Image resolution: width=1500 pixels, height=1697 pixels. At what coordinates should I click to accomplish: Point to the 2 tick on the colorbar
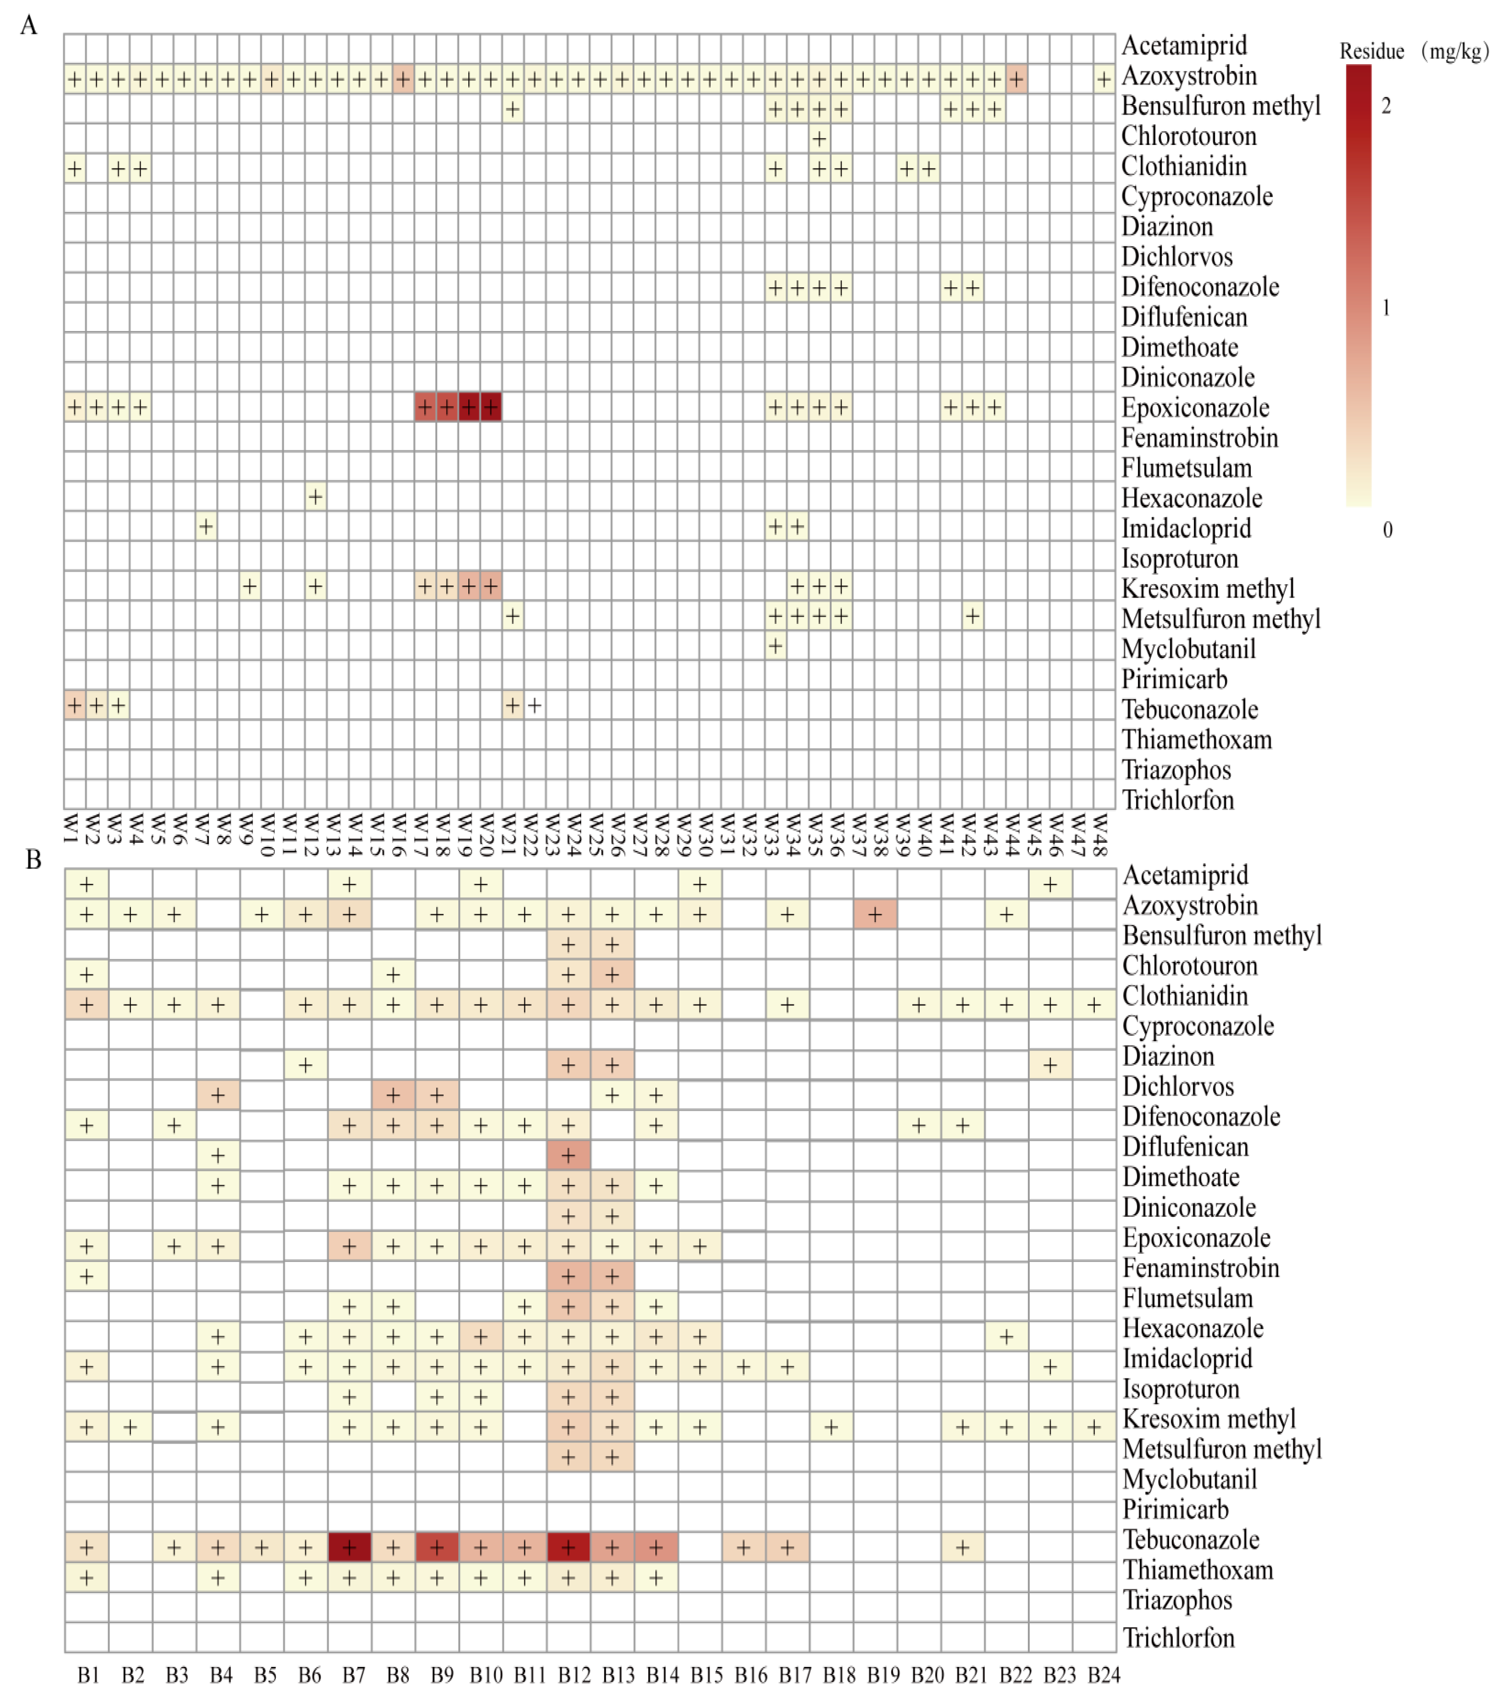1385,105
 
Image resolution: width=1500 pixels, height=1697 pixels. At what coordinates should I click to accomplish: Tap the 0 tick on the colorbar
1387,530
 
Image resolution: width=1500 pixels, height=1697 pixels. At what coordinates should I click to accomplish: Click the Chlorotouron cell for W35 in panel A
819,139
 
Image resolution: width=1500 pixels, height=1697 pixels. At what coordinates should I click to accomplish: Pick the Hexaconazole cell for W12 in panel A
315,496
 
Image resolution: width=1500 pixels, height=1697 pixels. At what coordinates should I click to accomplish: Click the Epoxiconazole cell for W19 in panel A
468,407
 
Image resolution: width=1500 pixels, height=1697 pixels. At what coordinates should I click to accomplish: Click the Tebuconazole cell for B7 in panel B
349,1547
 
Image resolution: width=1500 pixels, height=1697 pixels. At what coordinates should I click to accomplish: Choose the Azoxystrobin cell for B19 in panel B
874,914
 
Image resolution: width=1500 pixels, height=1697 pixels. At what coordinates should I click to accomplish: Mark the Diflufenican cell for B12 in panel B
568,1155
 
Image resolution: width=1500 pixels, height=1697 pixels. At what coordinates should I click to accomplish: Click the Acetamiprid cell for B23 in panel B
1050,884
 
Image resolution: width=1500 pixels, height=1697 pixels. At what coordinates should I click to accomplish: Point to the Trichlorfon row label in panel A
1178,800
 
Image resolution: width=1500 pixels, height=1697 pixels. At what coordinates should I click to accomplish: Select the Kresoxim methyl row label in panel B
1209,1419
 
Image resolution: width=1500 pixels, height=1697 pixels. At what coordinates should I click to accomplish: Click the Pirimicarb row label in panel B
1175,1510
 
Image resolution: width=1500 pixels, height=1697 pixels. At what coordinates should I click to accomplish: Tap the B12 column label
574,1675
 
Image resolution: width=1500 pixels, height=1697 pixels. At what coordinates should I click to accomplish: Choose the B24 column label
1104,1675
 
